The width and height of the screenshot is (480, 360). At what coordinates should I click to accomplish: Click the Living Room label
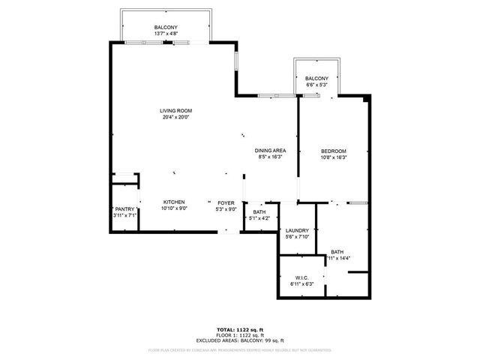(175, 110)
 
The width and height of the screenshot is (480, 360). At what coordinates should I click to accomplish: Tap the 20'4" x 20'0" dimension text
(175, 117)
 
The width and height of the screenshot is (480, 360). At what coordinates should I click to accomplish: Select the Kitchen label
(174, 202)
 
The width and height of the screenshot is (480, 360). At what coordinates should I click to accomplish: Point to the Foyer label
(226, 202)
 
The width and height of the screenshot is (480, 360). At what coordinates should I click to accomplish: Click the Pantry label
(124, 209)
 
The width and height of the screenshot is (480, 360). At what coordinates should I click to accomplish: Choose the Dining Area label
(270, 151)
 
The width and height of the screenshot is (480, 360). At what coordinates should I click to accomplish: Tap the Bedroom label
(334, 151)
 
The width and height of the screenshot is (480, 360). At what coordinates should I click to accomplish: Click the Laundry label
(298, 230)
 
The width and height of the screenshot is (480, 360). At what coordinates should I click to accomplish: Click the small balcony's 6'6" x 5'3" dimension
(316, 85)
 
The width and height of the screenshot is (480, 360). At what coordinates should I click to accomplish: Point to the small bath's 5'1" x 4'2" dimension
(259, 218)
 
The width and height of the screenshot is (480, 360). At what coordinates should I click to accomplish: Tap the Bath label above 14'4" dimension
(337, 252)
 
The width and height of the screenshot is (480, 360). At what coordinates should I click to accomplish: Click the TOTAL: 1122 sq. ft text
(239, 330)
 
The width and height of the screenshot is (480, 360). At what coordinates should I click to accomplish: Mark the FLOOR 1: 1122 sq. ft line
(239, 335)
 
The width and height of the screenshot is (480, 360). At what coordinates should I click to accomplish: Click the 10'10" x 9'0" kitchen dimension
(174, 208)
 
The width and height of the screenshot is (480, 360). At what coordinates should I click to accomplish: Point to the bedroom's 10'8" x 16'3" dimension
(334, 157)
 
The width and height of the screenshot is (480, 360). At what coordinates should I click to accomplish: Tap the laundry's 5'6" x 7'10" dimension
(298, 236)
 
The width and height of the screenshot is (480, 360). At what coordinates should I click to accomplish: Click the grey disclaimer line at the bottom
(239, 349)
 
